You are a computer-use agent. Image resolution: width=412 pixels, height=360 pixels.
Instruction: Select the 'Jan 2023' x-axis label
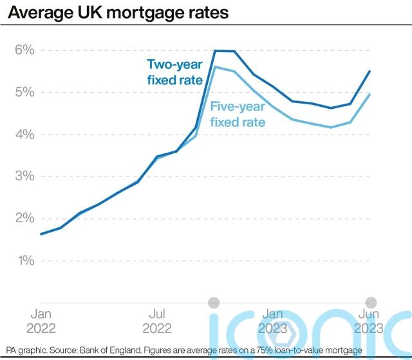click(x=272, y=321)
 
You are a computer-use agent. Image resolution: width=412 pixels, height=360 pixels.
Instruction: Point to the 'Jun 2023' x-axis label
click(x=368, y=321)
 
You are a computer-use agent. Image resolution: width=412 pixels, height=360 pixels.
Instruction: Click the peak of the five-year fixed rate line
click(x=215, y=67)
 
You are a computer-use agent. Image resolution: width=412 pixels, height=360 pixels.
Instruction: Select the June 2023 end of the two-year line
click(x=369, y=71)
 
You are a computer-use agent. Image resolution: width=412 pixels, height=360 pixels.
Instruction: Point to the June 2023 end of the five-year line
click(x=369, y=95)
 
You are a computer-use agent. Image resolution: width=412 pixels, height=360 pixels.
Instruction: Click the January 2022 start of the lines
click(x=41, y=234)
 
